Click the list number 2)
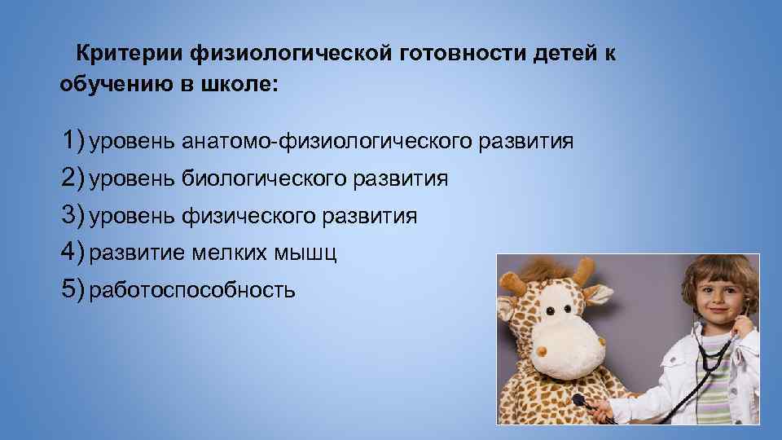[x=72, y=178]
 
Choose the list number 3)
[x=72, y=216]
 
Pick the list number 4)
[x=72, y=253]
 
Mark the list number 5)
[x=72, y=290]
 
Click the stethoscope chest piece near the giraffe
[x=579, y=401]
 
